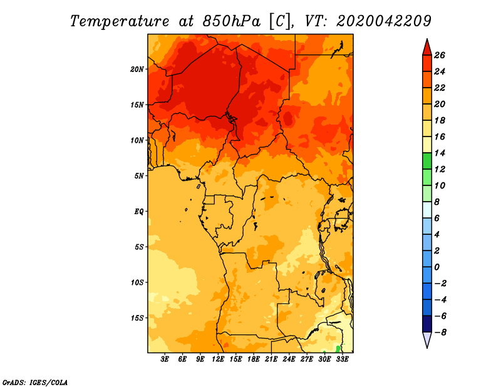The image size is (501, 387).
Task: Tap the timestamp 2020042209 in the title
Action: (383, 21)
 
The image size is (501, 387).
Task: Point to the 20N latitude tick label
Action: (137, 69)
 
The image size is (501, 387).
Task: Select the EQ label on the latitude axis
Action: (139, 211)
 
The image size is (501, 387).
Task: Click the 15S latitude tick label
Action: (137, 317)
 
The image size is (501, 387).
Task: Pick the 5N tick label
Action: (139, 175)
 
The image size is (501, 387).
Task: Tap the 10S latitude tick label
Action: (137, 282)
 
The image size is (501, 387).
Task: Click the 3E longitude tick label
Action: (165, 359)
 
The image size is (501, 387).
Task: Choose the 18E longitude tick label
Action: (254, 359)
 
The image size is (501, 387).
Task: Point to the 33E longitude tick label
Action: (342, 359)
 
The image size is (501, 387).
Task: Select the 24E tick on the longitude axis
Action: (289, 359)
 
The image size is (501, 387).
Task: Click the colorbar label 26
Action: (440, 55)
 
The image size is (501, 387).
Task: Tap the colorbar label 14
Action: (440, 153)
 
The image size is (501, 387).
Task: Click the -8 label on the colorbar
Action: (440, 333)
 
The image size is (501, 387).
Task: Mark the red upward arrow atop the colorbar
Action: (426, 47)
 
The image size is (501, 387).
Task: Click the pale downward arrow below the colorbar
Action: (426, 340)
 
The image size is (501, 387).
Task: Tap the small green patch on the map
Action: (338, 348)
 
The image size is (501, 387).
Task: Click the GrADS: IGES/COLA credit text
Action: (35, 381)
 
